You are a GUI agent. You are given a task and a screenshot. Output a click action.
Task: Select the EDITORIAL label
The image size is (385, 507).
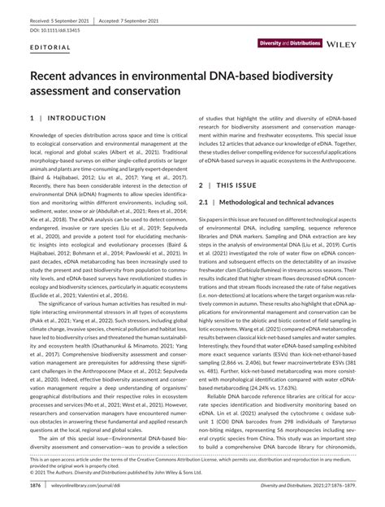coord(48,48)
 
